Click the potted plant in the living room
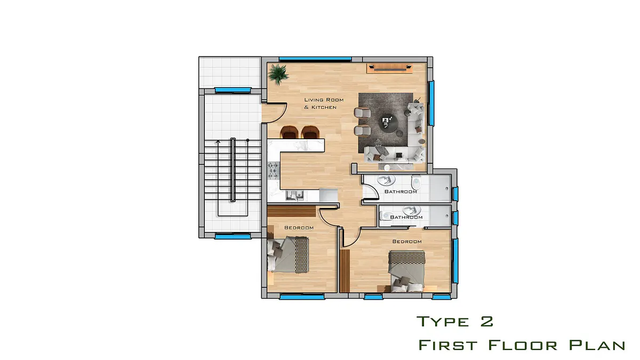click(278, 74)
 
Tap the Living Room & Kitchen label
click(324, 103)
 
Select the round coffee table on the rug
click(388, 123)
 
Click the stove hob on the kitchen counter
click(274, 171)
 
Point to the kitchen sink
click(294, 195)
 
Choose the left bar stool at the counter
click(289, 132)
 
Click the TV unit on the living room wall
click(389, 68)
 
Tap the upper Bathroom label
click(401, 191)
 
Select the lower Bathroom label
click(406, 217)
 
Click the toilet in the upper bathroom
click(416, 182)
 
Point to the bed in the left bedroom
click(287, 254)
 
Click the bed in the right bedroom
click(406, 271)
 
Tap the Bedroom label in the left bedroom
click(299, 228)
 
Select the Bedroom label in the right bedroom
click(407, 242)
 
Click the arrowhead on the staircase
click(218, 141)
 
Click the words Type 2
click(455, 322)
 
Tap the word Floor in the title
click(523, 345)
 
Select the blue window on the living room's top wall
click(315, 59)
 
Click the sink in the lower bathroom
click(411, 210)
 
